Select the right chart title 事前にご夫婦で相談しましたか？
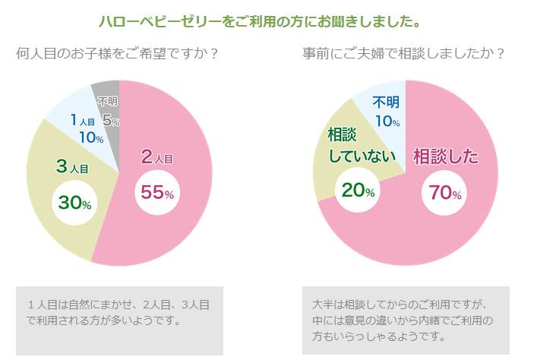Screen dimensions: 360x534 pyautogui.click(x=403, y=55)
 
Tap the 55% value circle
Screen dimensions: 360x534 pyautogui.click(x=157, y=193)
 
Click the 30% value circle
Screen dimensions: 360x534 pyautogui.click(x=75, y=203)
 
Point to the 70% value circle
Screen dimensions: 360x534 pyautogui.click(x=445, y=193)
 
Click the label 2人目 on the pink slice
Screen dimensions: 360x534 pyautogui.click(x=157, y=157)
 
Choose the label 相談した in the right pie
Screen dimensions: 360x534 pyautogui.click(x=446, y=157)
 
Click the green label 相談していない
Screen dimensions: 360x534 pyautogui.click(x=357, y=146)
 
